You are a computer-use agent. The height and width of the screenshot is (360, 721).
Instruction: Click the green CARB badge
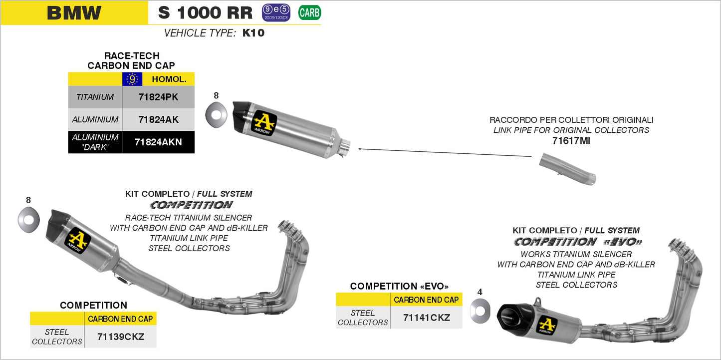pos(309,12)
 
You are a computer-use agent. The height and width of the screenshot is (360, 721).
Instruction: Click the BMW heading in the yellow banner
pos(74,13)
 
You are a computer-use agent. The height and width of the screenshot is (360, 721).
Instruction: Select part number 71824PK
pos(158,97)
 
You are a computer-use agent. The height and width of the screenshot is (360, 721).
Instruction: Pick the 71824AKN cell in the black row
pos(158,142)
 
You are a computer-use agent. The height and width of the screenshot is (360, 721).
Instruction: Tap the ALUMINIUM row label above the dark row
pos(95,120)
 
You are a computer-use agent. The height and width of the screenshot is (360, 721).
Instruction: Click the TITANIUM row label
pos(95,97)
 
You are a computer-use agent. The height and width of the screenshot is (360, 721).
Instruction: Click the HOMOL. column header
pos(169,79)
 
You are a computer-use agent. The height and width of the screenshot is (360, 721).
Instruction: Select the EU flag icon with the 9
pos(132,79)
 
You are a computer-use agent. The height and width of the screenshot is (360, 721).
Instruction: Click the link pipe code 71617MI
pos(571,141)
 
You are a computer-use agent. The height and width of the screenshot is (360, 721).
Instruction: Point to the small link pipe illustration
pos(568,170)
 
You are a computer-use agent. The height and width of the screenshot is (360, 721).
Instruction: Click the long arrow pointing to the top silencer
pos(444,152)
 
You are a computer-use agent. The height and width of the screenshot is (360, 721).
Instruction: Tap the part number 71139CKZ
pos(120,337)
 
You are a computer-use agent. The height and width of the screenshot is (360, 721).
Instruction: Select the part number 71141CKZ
pos(426,318)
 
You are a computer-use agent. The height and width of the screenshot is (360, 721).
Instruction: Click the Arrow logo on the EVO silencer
pos(547,325)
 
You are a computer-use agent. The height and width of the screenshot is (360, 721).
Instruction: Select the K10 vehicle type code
pos(253,33)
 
